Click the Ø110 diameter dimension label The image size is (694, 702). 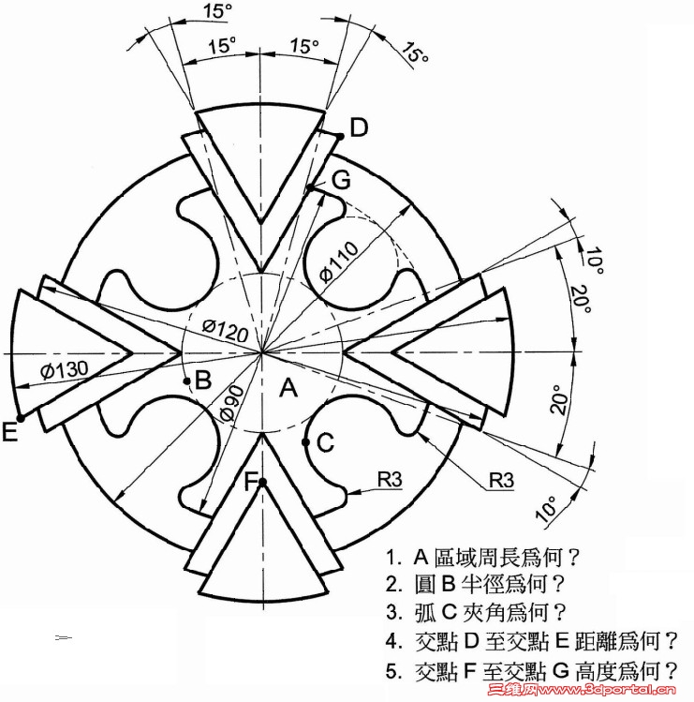[x=340, y=261]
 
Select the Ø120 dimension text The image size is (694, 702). [x=225, y=330]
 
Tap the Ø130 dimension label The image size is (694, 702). [x=64, y=370]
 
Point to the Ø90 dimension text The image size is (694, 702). [x=232, y=403]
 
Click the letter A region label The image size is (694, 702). [x=288, y=387]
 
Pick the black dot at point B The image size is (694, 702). [x=187, y=381]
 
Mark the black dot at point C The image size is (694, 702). [x=305, y=442]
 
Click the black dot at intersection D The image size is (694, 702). [x=340, y=136]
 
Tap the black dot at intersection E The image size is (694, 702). [x=21, y=418]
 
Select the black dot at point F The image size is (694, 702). [x=262, y=482]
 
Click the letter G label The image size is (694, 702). [x=341, y=180]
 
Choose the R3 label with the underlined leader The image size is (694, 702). [x=501, y=480]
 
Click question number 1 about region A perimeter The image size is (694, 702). [x=482, y=558]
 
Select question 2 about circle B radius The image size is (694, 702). [x=475, y=584]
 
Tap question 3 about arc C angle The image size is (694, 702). [x=476, y=612]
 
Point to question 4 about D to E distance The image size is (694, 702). [x=532, y=641]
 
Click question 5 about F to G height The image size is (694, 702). [x=532, y=671]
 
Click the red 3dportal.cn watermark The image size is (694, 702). [x=582, y=691]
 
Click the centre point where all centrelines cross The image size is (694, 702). [x=261, y=352]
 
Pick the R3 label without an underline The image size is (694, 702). [x=390, y=480]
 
